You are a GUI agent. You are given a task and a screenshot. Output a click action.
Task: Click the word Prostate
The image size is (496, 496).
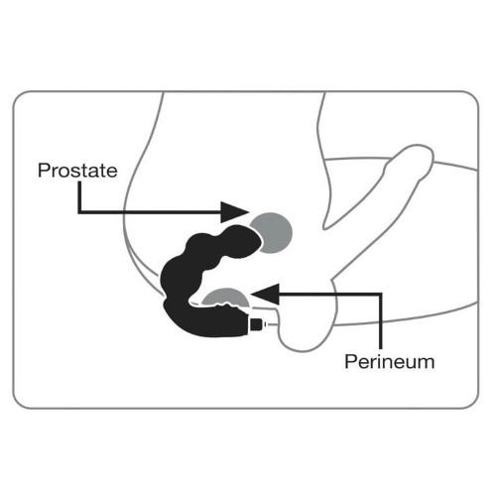coord(77,171)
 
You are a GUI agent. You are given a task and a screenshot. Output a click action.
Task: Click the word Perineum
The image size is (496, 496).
coord(390,362)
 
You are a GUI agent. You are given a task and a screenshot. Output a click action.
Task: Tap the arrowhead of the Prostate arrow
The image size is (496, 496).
coord(234,212)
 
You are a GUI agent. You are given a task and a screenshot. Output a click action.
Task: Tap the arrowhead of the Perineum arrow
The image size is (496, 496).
coord(265,294)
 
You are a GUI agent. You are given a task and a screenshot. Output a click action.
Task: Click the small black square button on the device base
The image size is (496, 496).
coord(257,324)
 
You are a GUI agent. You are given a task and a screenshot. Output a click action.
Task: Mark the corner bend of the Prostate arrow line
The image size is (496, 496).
coord(79,212)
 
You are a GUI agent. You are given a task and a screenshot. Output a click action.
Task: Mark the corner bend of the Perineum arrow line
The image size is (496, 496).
coord(381,294)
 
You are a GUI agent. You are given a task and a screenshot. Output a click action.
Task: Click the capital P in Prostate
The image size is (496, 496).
coord(44,171)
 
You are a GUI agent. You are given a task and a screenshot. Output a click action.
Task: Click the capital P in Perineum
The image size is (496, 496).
coord(350,362)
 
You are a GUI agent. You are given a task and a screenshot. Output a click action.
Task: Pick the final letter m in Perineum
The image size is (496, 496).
coord(427,364)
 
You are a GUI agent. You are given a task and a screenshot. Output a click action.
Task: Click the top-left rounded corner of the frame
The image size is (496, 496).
coord(17,95)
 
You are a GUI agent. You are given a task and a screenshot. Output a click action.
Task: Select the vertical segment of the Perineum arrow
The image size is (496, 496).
coord(381,320)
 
